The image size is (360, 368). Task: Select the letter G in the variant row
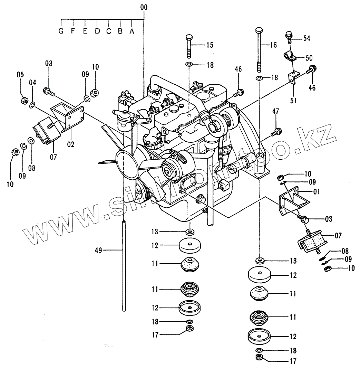[x=61, y=31]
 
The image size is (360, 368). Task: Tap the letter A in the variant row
[x=132, y=31]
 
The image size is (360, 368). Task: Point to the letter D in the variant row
[x=97, y=31]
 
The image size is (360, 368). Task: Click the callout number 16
[x=273, y=45]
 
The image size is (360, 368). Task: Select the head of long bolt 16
[x=260, y=30]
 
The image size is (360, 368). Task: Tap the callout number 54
[x=306, y=38]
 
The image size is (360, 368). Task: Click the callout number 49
[x=99, y=250]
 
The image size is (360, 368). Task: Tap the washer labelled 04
[x=32, y=105]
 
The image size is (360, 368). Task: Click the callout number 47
[x=276, y=112]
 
